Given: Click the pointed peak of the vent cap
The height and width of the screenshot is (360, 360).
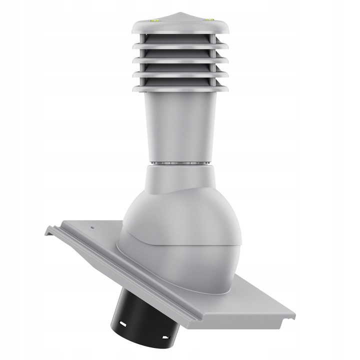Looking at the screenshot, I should pyautogui.click(x=180, y=11).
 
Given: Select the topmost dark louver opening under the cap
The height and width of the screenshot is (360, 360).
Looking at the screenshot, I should pyautogui.click(x=180, y=38).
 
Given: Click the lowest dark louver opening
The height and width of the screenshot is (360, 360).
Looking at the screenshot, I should pyautogui.click(x=180, y=82).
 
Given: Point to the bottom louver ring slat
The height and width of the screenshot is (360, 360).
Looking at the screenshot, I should pyautogui.click(x=180, y=89).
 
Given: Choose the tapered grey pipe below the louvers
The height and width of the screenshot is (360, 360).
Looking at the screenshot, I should pyautogui.click(x=180, y=125).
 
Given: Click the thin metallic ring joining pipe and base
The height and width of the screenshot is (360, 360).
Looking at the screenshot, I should pyautogui.click(x=180, y=163).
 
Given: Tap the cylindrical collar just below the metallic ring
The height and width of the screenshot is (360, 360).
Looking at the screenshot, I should pyautogui.click(x=180, y=177).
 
